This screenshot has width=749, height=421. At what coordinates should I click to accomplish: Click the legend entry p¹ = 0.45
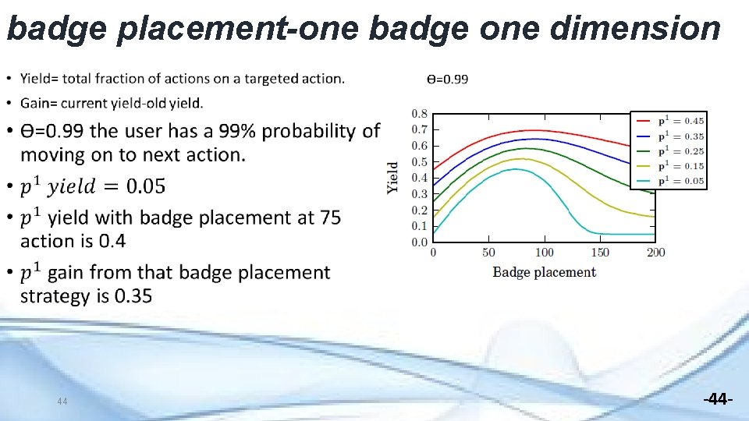669,121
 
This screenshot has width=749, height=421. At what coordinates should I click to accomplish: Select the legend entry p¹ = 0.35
669,136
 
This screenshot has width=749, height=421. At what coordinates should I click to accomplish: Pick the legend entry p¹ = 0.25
669,150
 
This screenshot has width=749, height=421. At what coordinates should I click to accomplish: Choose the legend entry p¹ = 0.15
669,165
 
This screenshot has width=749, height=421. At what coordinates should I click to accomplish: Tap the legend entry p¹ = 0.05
669,181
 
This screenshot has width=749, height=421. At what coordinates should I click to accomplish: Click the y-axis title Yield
393,177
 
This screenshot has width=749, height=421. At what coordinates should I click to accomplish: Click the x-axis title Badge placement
544,272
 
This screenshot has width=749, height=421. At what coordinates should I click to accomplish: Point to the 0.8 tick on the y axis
419,114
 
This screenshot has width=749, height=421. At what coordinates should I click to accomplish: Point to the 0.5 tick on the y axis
419,162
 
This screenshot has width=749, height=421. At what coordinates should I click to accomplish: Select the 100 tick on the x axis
545,253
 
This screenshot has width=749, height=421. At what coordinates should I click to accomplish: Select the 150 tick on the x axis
600,253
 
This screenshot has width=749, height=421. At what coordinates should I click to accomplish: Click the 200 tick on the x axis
655,253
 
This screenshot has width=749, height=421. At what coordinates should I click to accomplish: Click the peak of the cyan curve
516,169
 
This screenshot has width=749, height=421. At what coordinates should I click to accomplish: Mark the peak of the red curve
534,130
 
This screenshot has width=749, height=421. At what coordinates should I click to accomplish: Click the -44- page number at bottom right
718,399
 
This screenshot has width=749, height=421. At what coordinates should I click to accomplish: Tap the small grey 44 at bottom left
63,402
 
